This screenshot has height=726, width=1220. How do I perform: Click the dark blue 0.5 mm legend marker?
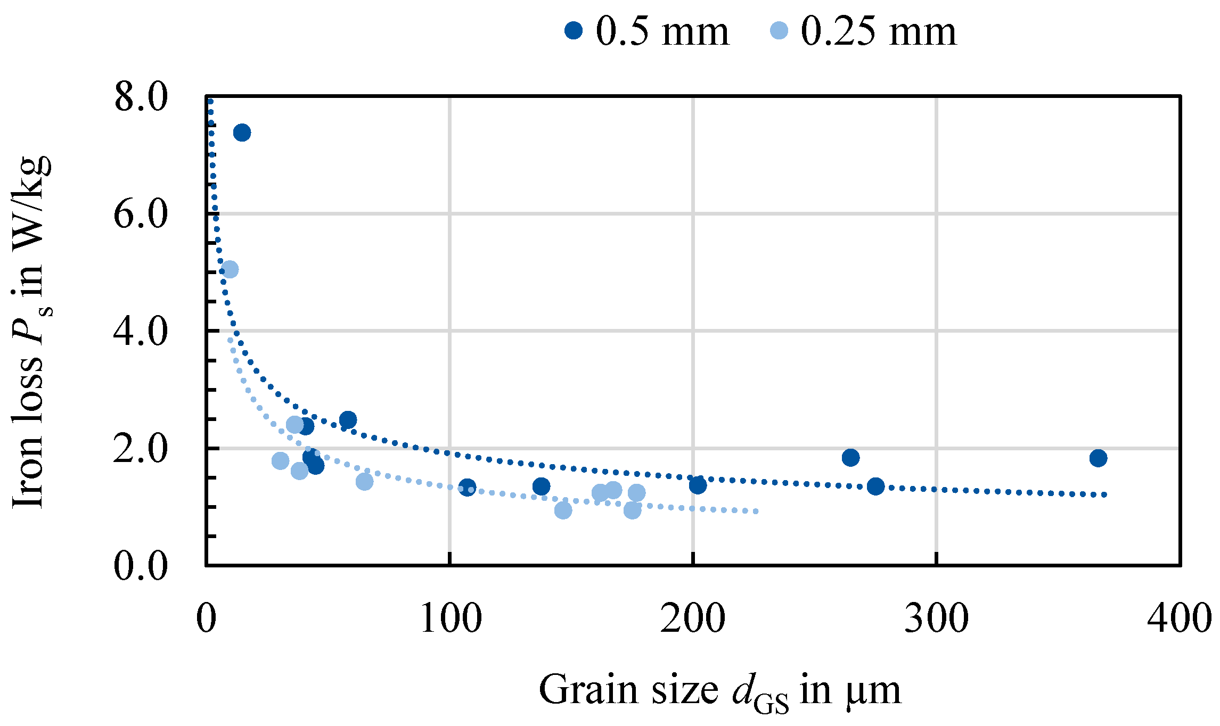(574, 30)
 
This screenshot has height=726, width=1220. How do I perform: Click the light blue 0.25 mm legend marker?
(779, 30)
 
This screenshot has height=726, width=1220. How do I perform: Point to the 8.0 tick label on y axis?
(141, 97)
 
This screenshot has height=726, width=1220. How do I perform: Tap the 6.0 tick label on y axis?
(141, 214)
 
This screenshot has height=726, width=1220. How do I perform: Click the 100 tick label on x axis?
(451, 619)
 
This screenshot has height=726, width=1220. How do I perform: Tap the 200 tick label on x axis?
(693, 619)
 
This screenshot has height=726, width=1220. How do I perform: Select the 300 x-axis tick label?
(936, 619)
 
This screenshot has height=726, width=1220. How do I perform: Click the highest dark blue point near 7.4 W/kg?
(242, 133)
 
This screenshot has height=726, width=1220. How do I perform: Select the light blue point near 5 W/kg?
(230, 269)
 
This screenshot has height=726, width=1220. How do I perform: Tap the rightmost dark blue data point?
(1098, 458)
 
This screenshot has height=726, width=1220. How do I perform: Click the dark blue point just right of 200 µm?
(698, 485)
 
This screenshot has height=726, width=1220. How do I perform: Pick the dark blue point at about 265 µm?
(850, 457)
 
